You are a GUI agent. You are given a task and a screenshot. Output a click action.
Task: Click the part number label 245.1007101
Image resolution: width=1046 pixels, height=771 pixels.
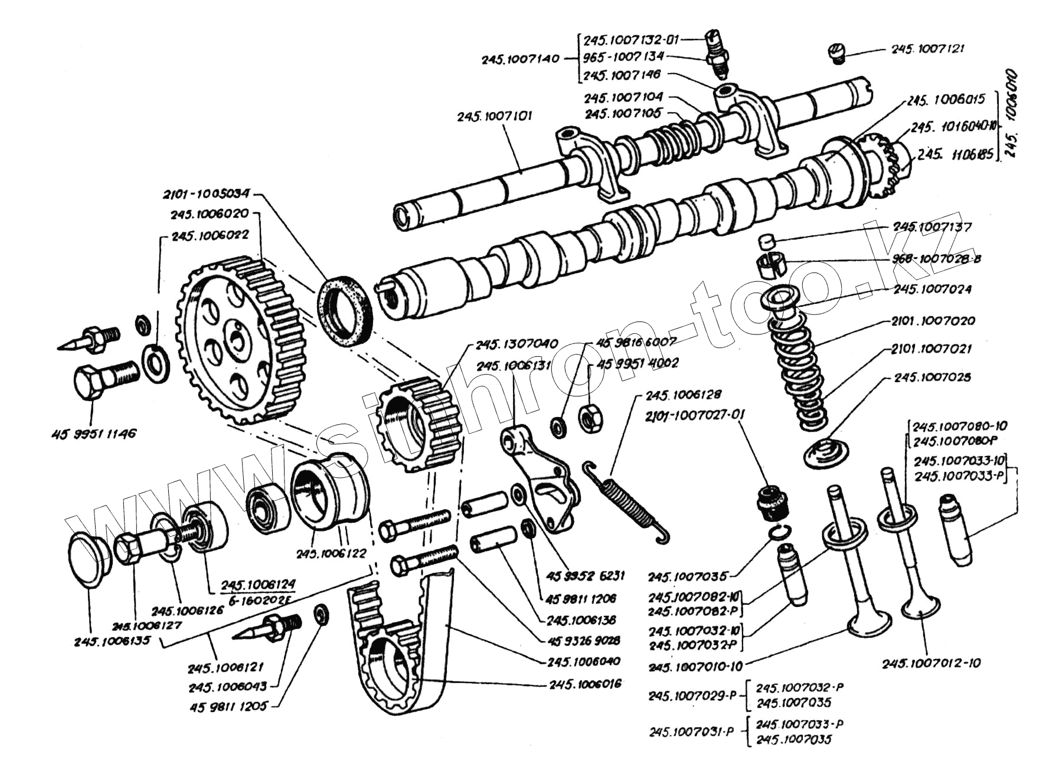494,116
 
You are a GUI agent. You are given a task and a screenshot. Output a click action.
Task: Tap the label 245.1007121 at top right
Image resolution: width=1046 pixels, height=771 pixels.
927,49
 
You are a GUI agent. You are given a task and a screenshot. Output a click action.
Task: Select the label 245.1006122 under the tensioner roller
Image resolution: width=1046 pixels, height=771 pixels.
331,554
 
